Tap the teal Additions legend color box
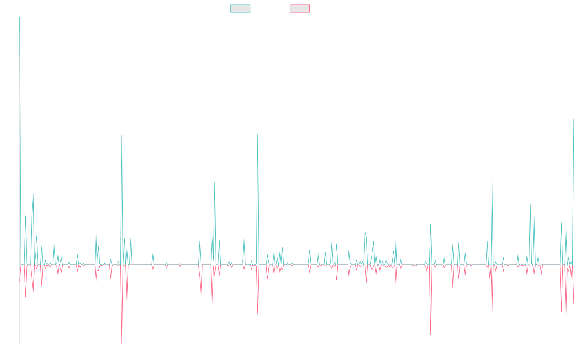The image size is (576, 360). pos(240,9)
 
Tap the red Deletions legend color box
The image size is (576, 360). pos(300,9)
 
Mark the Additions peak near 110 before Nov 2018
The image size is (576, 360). pos(122,135)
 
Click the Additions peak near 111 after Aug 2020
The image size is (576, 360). pos(258,134)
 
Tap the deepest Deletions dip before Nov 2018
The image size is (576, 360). pos(122,343)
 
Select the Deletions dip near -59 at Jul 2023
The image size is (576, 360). pos(430,335)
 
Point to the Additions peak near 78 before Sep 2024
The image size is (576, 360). pos(492,173)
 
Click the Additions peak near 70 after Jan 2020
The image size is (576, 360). pos(215,183)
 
